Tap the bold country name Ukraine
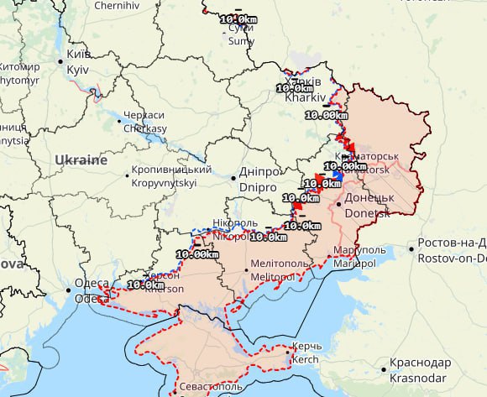click(x=81, y=159)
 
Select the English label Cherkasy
click(x=145, y=128)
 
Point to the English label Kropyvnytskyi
click(x=165, y=182)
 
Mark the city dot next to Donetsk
click(x=338, y=203)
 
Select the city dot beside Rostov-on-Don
click(x=411, y=248)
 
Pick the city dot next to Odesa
click(x=68, y=290)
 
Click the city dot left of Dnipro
click(x=233, y=177)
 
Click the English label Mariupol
click(x=353, y=264)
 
